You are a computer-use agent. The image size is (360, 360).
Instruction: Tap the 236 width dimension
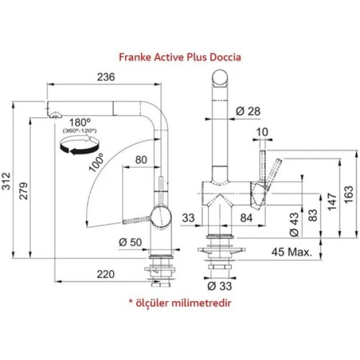tap(106, 77)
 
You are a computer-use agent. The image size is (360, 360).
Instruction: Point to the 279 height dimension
tap(22, 189)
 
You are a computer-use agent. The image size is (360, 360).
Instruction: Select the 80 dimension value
tap(141, 161)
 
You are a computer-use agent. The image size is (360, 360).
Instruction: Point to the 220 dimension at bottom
tap(105, 274)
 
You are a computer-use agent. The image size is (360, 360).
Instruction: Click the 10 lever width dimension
tap(263, 132)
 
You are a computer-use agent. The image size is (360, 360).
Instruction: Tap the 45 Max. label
tap(291, 252)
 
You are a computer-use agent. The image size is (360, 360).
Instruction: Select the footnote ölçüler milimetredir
tap(179, 302)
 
